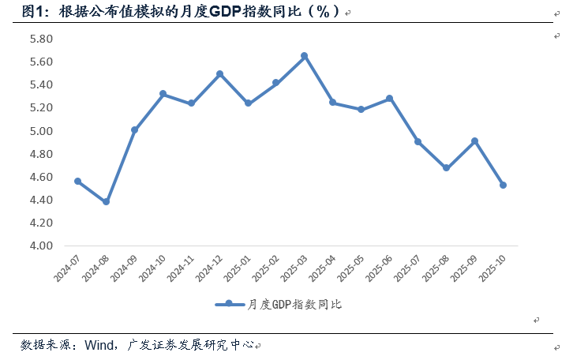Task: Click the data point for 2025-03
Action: (304, 56)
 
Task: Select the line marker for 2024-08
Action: (106, 202)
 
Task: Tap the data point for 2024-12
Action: (219, 74)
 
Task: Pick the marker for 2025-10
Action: (503, 186)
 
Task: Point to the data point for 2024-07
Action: (77, 182)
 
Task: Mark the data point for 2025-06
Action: (389, 99)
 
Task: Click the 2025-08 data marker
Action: (446, 168)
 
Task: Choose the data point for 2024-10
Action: (163, 94)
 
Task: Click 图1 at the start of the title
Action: (32, 12)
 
